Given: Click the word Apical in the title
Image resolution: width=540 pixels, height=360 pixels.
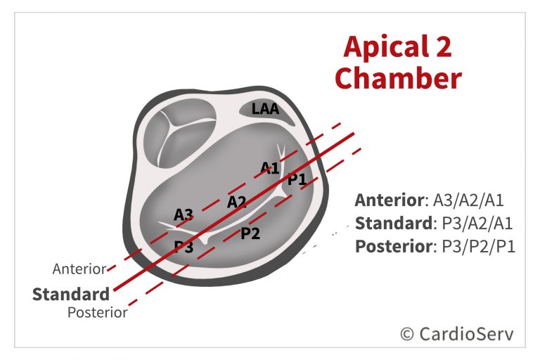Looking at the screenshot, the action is tap(381, 47).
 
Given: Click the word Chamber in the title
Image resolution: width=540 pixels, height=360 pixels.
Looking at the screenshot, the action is tap(398, 78).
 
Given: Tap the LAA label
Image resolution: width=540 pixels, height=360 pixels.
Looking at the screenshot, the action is tap(266, 109).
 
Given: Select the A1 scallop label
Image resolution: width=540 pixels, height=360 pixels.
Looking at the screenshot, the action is tap(270, 168).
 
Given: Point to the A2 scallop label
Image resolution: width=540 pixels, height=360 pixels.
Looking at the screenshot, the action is tap(237, 202).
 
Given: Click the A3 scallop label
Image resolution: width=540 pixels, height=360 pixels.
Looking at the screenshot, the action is tap(184, 214).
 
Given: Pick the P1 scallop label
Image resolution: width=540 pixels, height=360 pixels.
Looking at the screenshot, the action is tap(297, 179).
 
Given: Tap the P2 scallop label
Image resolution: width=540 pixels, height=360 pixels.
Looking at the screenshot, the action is tap(250, 233).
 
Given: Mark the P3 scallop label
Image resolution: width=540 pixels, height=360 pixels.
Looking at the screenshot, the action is tap(184, 247).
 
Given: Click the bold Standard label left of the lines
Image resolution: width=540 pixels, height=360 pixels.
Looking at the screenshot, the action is tap(71, 294).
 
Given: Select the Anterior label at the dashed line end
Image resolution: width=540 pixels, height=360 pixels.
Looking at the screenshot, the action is tap(79, 269).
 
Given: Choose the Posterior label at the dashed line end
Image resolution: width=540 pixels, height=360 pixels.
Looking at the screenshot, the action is tap(98, 313).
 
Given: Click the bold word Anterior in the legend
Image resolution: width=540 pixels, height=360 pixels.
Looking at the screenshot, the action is tap(390, 200).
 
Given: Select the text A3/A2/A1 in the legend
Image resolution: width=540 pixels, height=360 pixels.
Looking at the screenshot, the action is tap(468, 200).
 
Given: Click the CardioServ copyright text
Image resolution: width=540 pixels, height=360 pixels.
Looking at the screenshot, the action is tap(457, 334).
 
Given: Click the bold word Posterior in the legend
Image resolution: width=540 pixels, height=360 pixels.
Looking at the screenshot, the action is tap(394, 247).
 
